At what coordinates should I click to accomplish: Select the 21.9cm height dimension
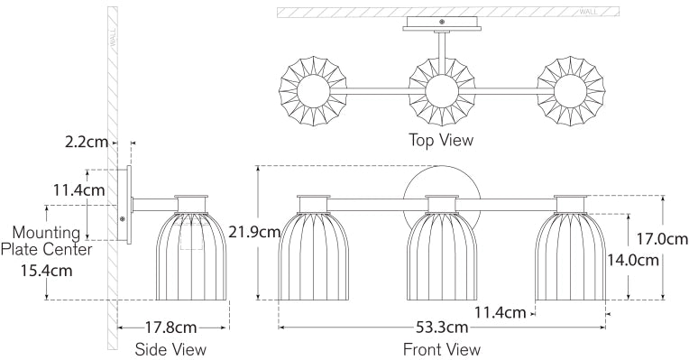[x=254, y=232]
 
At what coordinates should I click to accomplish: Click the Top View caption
[x=441, y=140]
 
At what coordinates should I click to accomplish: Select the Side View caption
[x=170, y=349]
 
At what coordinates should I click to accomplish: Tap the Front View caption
[x=442, y=349]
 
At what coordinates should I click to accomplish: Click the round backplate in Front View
[x=442, y=186]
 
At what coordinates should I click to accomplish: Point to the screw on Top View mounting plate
[x=441, y=21]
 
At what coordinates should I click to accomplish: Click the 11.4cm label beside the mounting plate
[x=79, y=190]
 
